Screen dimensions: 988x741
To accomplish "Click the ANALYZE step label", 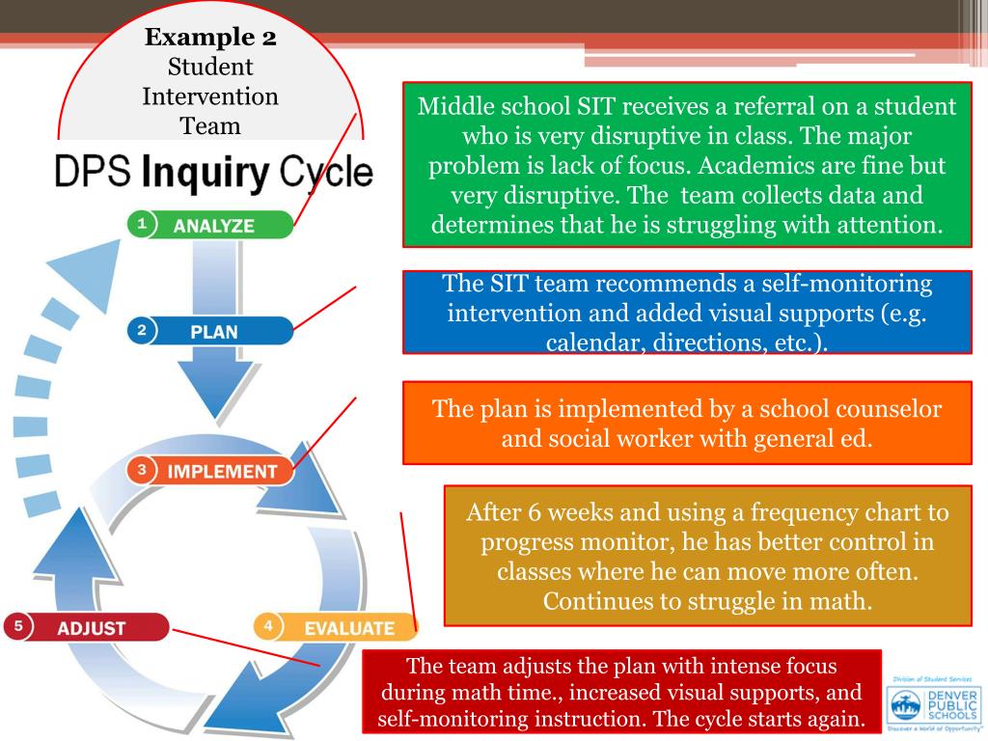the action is point(214,226).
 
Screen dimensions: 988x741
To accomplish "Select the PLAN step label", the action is point(214,331).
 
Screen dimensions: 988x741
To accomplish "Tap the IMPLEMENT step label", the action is point(222,472).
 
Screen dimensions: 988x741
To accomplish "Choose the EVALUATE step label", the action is point(348,628).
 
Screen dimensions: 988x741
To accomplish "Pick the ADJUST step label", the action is point(92,628).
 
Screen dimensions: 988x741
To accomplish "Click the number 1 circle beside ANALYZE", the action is point(142,225).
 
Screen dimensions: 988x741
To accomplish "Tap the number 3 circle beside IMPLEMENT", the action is point(142,471).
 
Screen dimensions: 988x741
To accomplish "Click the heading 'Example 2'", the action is point(210,39).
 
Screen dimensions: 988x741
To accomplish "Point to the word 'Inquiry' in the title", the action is point(206,173).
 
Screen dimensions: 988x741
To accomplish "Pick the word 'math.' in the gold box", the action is point(840,601).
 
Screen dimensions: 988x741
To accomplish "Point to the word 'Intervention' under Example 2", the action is point(210,96).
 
